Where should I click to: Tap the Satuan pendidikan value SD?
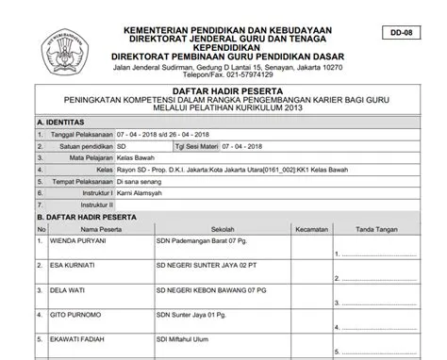pos(122,148)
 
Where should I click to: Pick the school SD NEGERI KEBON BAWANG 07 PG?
pos(211,290)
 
